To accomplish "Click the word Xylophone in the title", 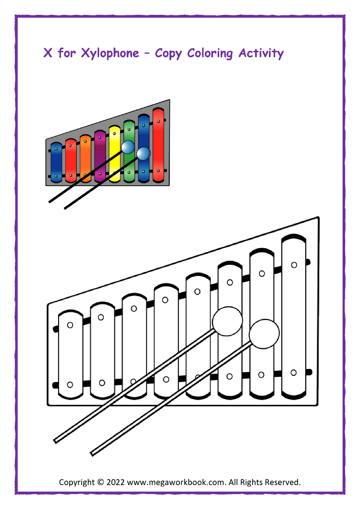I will (110, 53).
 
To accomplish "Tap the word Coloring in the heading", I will (210, 53).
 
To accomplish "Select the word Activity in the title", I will (261, 53).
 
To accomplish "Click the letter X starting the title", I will (48, 53).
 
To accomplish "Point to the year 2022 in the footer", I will (115, 482).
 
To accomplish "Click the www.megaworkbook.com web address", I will (176, 482).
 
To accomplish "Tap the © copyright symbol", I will (101, 482).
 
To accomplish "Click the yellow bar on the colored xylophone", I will (115, 160).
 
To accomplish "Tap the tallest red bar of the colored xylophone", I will (158, 145).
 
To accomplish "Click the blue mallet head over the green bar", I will (128, 147).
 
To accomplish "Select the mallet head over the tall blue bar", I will (143, 153).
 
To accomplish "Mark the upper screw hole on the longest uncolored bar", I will (294, 265).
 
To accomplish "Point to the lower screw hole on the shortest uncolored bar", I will (70, 385).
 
